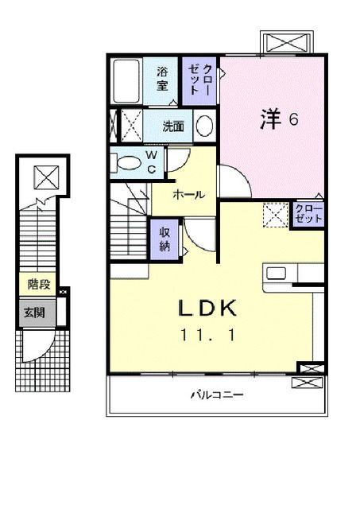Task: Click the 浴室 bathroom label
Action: (161, 77)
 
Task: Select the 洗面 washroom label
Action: (173, 126)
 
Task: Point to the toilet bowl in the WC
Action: (126, 162)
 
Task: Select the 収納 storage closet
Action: (165, 239)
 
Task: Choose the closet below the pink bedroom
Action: (307, 213)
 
